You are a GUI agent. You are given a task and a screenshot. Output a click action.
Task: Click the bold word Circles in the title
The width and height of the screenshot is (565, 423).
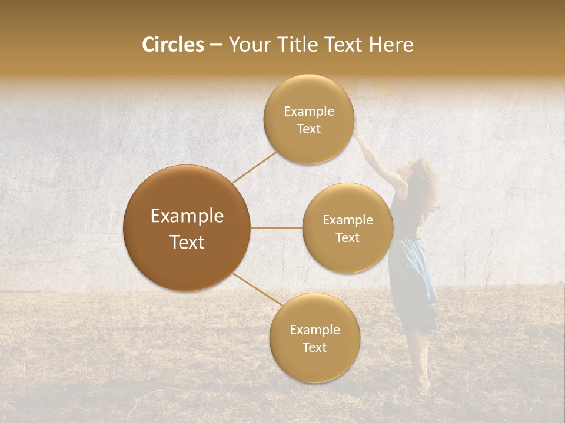click(172, 45)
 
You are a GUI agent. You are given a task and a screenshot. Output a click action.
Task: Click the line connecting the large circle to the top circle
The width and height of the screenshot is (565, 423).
click(254, 167)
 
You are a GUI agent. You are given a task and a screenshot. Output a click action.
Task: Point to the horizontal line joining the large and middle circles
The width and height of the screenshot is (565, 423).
click(276, 228)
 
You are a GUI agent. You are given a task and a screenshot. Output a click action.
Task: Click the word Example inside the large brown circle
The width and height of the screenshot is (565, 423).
click(187, 216)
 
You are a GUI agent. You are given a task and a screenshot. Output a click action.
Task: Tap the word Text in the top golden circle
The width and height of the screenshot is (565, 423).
click(308, 129)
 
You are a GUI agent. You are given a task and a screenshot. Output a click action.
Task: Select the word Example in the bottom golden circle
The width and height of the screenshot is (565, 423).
click(314, 330)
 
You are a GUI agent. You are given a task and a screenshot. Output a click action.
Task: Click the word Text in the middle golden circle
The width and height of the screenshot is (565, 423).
click(347, 237)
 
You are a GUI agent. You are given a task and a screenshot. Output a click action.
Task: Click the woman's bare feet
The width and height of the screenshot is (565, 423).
click(424, 385)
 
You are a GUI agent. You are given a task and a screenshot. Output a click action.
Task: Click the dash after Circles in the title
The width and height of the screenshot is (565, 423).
click(215, 45)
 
